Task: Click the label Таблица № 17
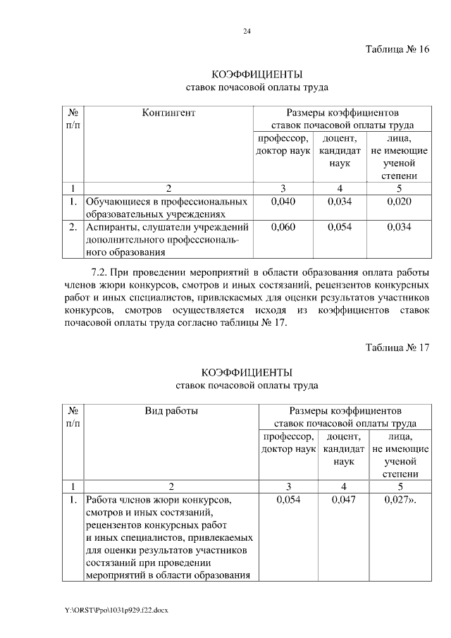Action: pos(397,348)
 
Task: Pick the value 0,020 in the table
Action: pos(399,202)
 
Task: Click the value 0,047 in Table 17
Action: pos(343,500)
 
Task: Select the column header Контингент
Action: pos(168,112)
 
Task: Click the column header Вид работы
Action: pos(171,410)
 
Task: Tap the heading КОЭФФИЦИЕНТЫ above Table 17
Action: pos(247,372)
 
